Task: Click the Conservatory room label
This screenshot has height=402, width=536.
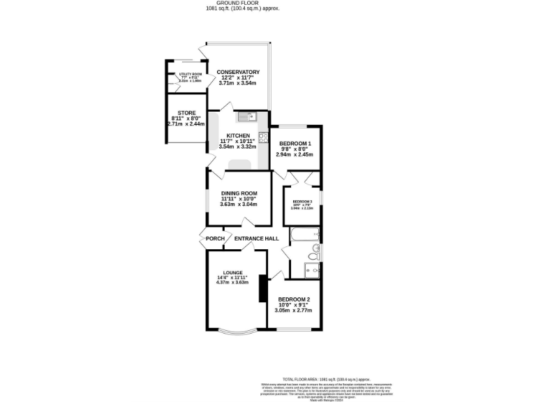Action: [x=238, y=72]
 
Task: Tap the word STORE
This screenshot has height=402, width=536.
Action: [x=186, y=112]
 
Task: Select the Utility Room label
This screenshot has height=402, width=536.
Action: [x=190, y=74]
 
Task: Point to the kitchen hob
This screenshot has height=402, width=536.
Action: [x=263, y=137]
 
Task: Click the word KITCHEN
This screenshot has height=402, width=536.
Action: [x=238, y=135]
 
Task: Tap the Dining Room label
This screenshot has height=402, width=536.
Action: [x=239, y=193]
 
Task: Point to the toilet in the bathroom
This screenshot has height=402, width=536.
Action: [x=315, y=248]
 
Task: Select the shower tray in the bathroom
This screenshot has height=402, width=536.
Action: [x=312, y=268]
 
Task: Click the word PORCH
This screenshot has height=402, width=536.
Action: [x=215, y=239]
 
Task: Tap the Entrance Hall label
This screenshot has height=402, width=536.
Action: [x=256, y=239]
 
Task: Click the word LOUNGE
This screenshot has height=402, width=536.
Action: [x=232, y=272]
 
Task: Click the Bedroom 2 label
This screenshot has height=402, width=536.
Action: [x=294, y=299]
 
